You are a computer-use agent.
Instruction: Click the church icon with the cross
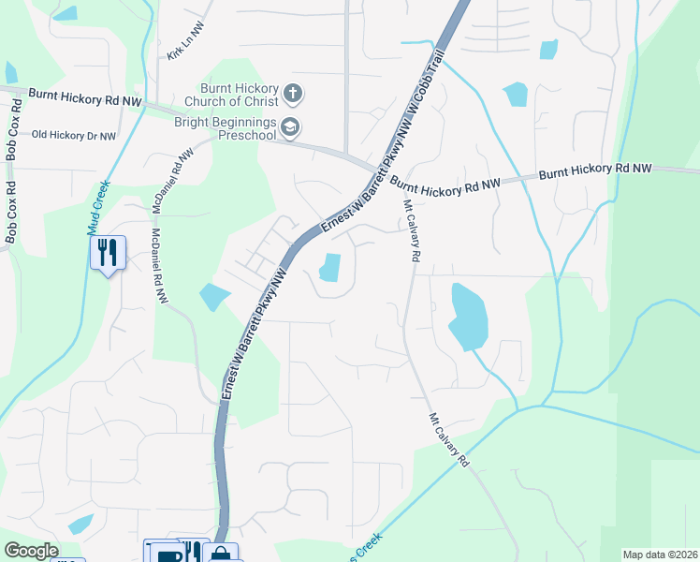tap(294, 93)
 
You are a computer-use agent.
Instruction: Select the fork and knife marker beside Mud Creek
tap(108, 252)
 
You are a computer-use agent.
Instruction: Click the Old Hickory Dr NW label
tap(74, 136)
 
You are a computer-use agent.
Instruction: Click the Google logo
tap(31, 551)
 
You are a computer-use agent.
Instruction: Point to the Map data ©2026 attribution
tap(659, 555)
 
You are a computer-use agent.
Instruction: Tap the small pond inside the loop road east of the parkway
tap(329, 268)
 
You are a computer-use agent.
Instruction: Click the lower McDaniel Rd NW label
tap(158, 267)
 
